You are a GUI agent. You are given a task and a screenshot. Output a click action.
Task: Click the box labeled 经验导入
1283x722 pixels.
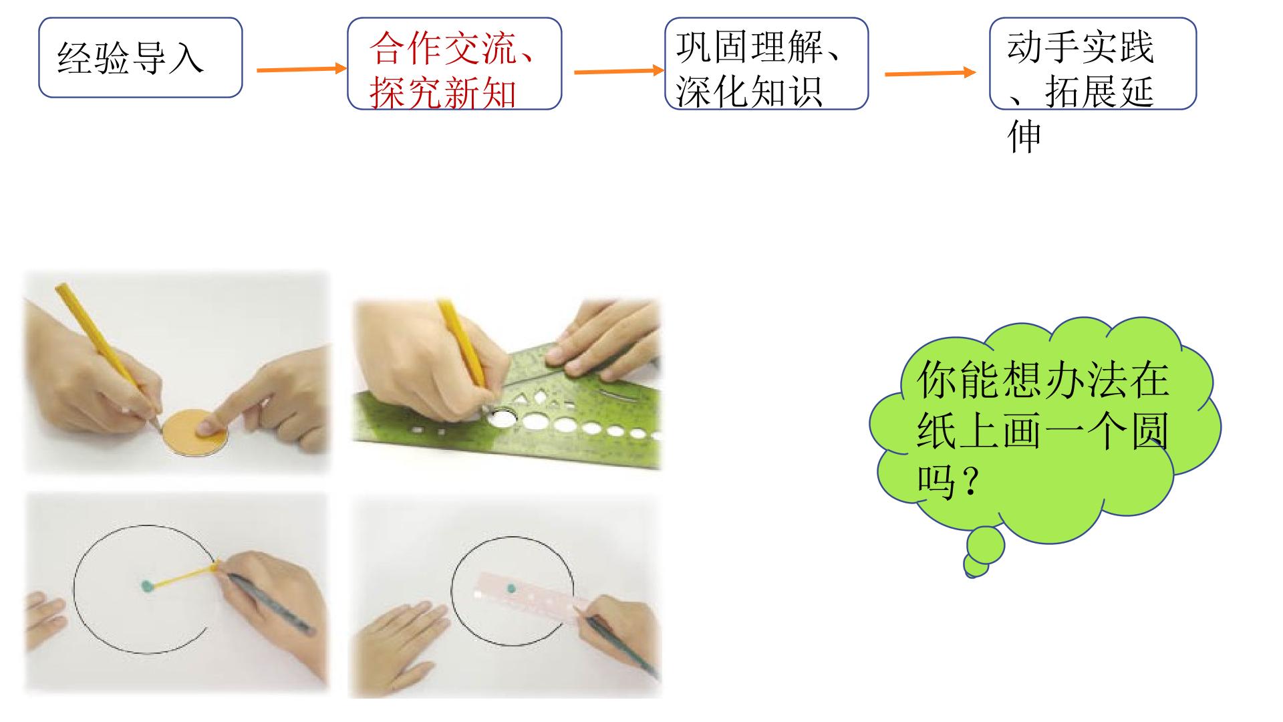point(140,57)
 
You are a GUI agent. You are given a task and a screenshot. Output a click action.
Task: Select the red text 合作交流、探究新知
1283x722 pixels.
point(452,70)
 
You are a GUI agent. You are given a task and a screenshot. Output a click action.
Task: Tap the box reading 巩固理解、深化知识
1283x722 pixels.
point(766,64)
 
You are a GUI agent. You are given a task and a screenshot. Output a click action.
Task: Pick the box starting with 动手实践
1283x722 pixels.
point(1093,64)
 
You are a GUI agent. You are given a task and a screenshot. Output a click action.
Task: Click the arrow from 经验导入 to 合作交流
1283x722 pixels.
point(302,69)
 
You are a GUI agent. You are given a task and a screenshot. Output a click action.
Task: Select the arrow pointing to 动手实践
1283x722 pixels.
point(931,73)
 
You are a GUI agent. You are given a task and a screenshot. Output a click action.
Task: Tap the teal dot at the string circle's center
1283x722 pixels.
point(147,587)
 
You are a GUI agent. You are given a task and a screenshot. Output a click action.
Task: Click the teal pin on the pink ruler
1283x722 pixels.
point(511,589)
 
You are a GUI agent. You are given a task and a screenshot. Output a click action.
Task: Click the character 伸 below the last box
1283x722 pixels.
point(1024,138)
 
